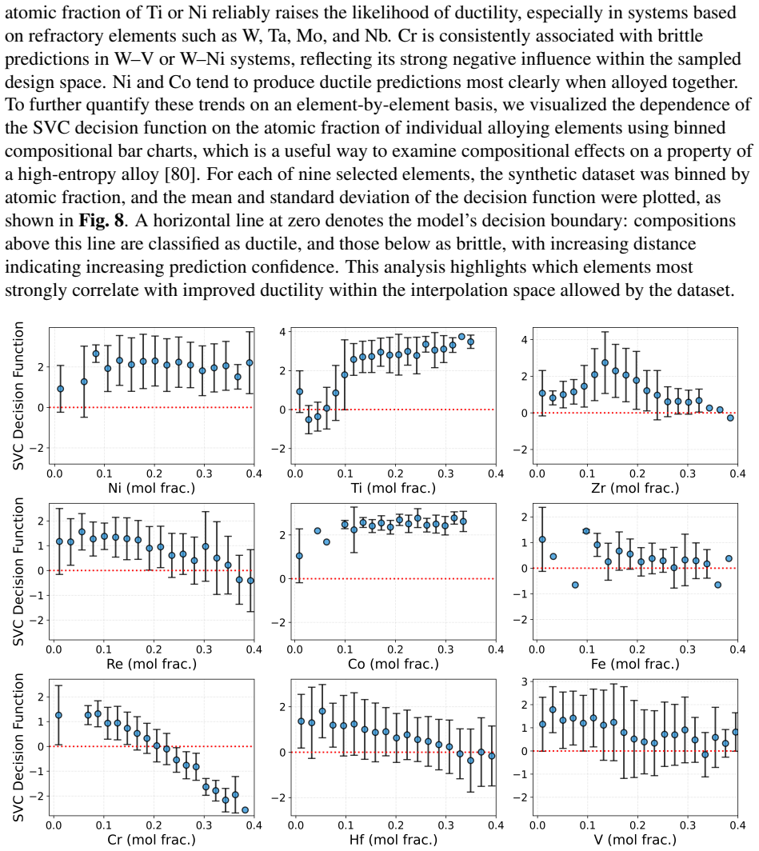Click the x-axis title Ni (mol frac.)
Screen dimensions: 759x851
[x=151, y=488]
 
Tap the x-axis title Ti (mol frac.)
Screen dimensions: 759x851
[x=393, y=488]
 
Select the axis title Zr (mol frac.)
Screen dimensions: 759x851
[x=635, y=488]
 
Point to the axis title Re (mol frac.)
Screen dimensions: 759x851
[x=151, y=664]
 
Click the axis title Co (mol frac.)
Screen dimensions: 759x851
[x=393, y=664]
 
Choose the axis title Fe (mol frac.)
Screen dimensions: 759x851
[x=635, y=664]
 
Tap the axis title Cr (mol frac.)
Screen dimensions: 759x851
[x=151, y=840]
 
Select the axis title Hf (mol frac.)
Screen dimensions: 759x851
[x=393, y=840]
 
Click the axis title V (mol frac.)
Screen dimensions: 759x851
[x=635, y=840]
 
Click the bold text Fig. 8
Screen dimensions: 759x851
[x=102, y=221]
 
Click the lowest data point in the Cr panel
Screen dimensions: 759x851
[x=246, y=810]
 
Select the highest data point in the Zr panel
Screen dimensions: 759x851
[x=605, y=362]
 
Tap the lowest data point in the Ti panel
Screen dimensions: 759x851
[x=309, y=420]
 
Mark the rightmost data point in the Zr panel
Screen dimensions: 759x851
[x=730, y=418]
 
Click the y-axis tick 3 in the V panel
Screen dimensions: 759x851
[x=524, y=681]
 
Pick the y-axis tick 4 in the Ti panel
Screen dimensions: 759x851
[x=282, y=332]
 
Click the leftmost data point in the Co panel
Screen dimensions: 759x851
[x=299, y=556]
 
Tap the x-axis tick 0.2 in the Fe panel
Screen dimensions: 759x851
[x=637, y=649]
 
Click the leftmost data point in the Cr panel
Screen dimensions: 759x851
[x=58, y=715]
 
